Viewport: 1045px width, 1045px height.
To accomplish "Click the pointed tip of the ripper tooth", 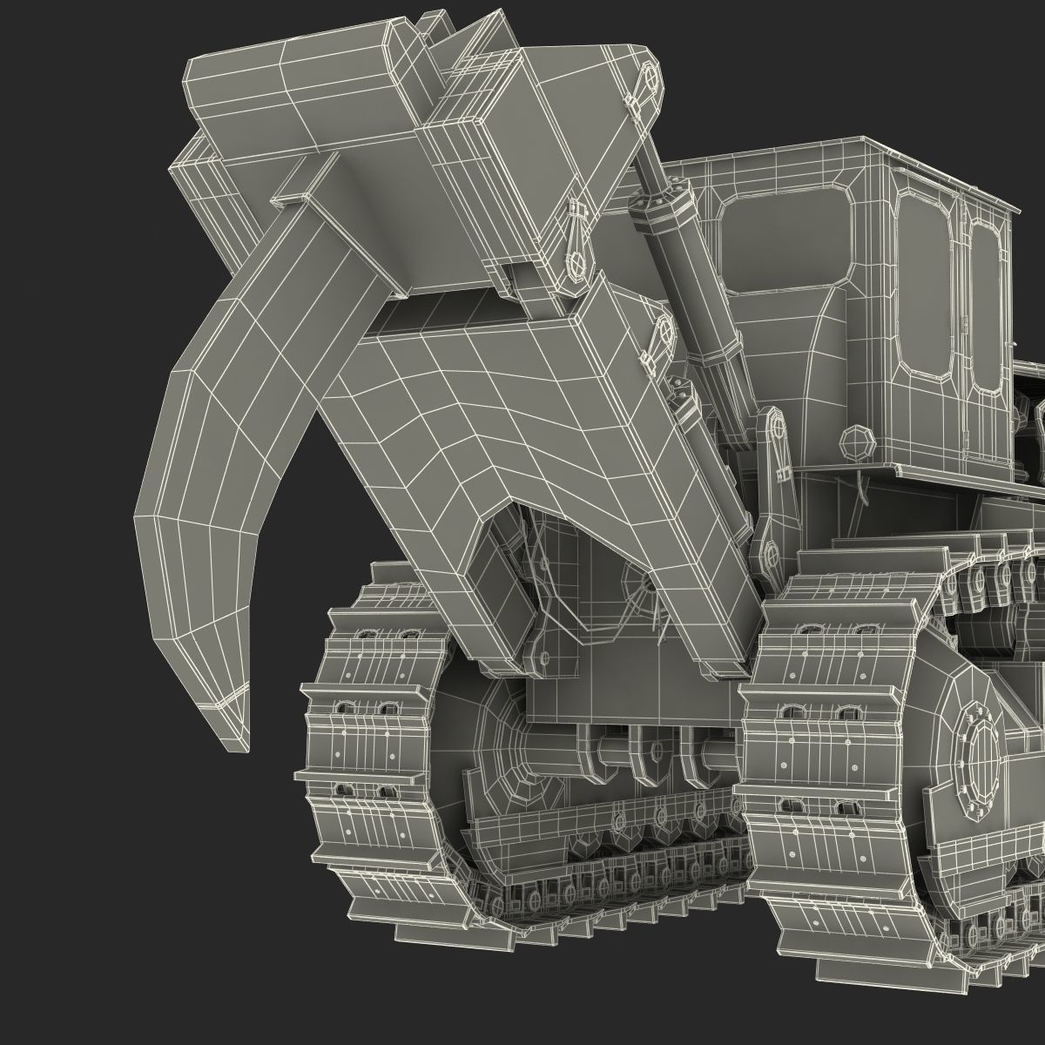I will tap(229, 736).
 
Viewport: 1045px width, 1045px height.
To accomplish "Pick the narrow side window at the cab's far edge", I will tap(985, 305).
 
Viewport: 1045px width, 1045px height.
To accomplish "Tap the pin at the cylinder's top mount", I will tap(650, 79).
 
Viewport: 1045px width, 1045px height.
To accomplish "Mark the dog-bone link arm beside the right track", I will tap(770, 488).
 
